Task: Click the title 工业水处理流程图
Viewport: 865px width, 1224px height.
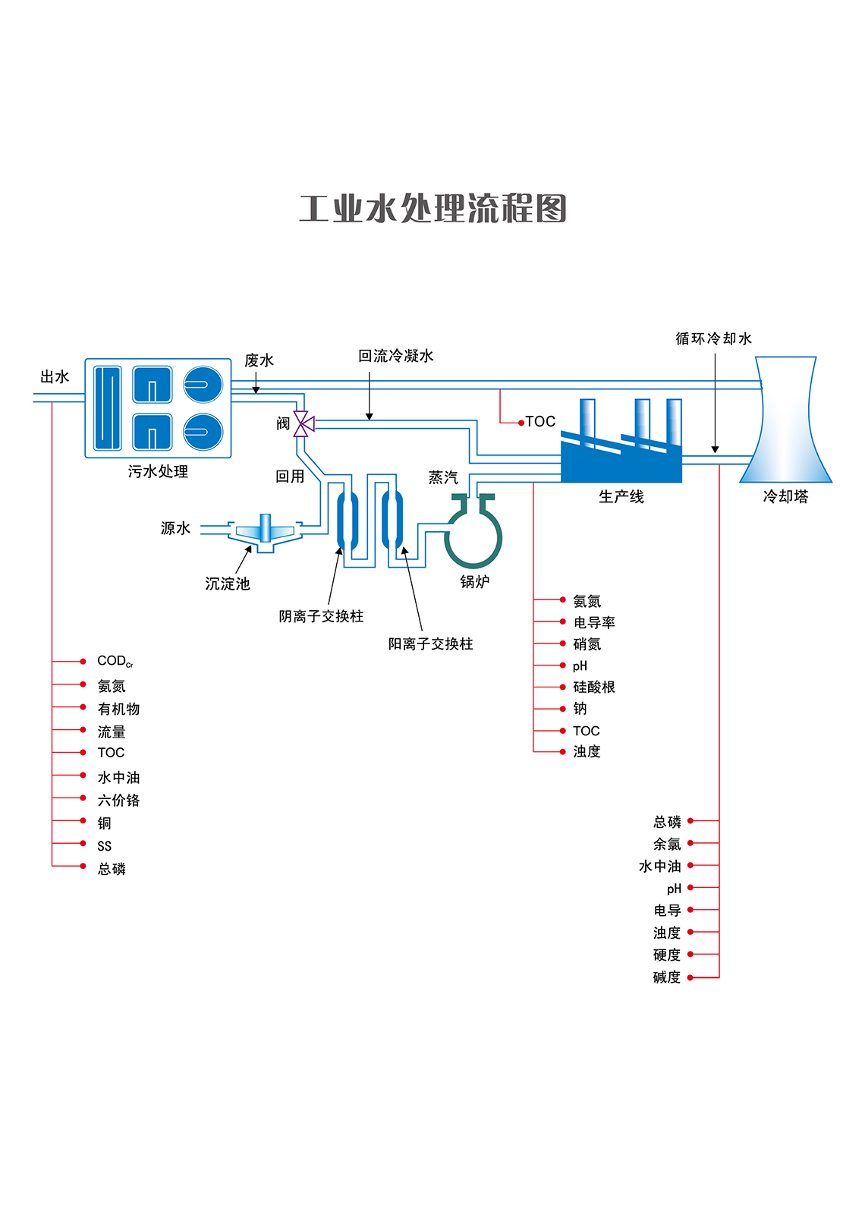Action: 432,209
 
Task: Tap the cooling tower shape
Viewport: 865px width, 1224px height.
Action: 786,425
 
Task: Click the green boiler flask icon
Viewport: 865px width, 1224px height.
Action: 473,535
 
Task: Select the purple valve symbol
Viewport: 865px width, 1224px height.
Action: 304,424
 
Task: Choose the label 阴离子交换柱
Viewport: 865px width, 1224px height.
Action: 321,616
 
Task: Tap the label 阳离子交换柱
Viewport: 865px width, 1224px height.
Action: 430,643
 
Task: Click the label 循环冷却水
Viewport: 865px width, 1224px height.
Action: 713,338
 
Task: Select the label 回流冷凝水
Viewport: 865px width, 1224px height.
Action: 395,356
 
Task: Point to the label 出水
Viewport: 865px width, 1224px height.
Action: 55,377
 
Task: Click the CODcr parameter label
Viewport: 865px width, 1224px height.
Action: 115,662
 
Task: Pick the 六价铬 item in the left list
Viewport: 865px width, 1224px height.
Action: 118,800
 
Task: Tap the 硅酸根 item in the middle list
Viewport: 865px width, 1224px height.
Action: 593,687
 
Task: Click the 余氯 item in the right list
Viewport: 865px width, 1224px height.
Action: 667,844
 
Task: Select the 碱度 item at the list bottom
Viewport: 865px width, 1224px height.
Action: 667,977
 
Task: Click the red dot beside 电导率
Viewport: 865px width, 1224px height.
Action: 563,622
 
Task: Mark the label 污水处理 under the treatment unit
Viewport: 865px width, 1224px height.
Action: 158,471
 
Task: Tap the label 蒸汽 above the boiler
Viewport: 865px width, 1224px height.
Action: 443,477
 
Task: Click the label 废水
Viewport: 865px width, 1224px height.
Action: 259,360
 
